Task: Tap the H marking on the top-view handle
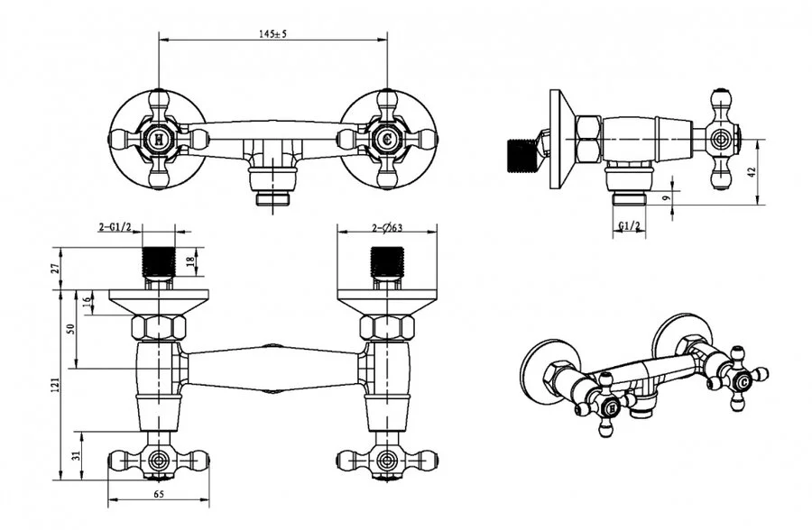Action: (159, 140)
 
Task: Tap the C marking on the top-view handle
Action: (387, 140)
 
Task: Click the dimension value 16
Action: (87, 301)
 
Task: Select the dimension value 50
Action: (71, 328)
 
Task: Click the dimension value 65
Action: (160, 495)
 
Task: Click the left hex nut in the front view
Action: (159, 326)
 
